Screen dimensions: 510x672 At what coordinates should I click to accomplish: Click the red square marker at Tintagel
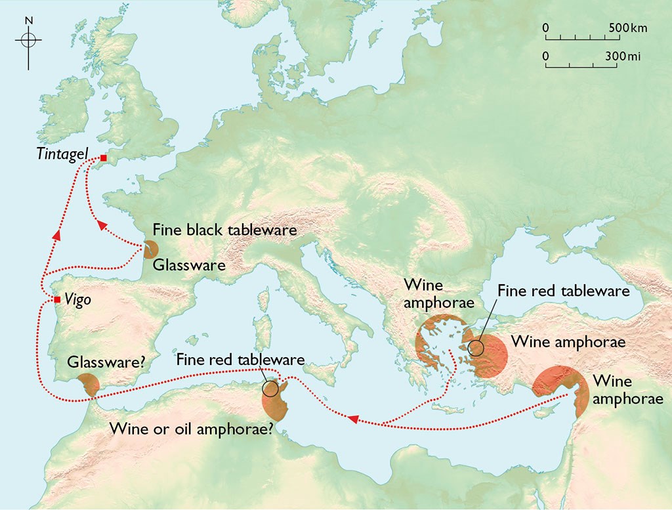coord(103,158)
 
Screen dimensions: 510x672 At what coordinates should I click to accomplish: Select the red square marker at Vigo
coord(58,299)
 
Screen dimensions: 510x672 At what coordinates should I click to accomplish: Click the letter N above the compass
coord(28,20)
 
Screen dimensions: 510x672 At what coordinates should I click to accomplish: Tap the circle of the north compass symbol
coord(28,40)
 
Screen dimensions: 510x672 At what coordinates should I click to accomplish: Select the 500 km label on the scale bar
coord(627,28)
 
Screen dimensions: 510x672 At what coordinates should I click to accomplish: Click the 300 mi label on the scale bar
coord(623,57)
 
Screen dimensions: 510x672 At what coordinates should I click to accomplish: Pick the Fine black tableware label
coord(225,230)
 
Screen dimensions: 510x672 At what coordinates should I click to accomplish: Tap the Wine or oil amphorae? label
coord(191,431)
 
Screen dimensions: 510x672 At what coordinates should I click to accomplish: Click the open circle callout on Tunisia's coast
coord(270,388)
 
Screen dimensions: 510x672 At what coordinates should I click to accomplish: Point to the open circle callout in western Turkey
coord(477,347)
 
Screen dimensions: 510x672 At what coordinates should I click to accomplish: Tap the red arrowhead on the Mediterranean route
coord(353,419)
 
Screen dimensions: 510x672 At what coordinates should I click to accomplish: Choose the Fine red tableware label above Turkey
coord(563,290)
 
